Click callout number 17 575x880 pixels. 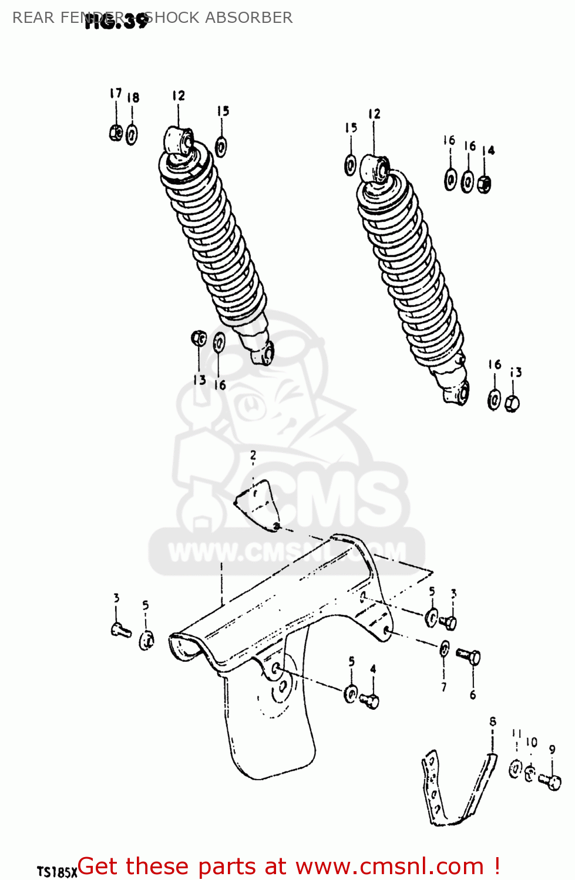point(116,93)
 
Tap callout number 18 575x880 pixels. point(133,97)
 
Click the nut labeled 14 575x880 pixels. point(485,184)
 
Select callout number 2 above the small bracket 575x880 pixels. point(253,455)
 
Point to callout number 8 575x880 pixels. point(493,722)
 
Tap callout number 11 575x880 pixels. point(516,733)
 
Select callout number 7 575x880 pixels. point(444,686)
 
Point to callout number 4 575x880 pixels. point(373,669)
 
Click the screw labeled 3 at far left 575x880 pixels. point(121,631)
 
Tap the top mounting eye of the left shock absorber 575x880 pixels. point(179,141)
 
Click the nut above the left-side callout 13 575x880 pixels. point(199,339)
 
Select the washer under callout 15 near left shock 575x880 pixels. point(221,146)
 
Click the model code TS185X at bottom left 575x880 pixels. point(57,872)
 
